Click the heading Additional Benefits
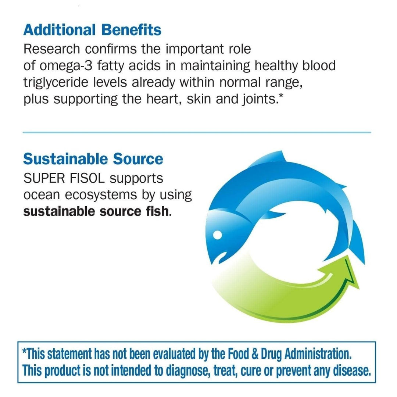point(92,30)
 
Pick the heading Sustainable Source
point(93,159)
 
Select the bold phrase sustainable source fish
point(97,212)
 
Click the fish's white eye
point(218,234)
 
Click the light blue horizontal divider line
point(197,132)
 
